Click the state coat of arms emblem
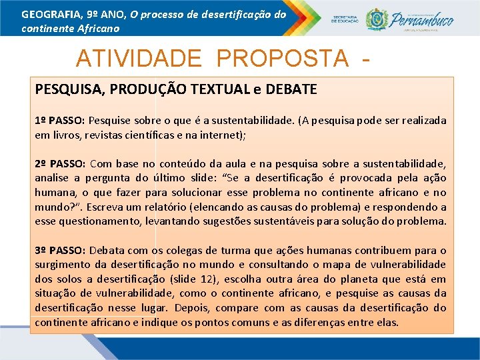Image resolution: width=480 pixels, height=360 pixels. pyautogui.click(x=377, y=19)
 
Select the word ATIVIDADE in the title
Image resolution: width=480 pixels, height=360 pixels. pyautogui.click(x=138, y=59)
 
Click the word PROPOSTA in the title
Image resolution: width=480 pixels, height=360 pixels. pyautogui.click(x=282, y=59)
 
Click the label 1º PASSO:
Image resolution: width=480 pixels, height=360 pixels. pyautogui.click(x=60, y=121)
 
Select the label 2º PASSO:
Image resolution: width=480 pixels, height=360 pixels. pyautogui.click(x=60, y=163)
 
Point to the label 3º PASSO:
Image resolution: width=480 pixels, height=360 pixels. pyautogui.click(x=60, y=251)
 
